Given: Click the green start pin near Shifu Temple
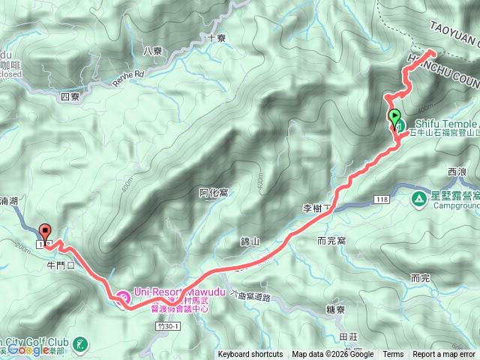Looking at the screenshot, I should tap(394, 117).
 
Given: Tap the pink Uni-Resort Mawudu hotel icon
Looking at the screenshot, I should tap(124, 298).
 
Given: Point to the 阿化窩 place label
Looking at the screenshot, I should tap(214, 193).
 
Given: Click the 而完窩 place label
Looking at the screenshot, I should tap(331, 241).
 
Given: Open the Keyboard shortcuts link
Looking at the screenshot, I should tap(250, 355).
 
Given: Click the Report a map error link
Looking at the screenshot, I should tap(443, 355).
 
